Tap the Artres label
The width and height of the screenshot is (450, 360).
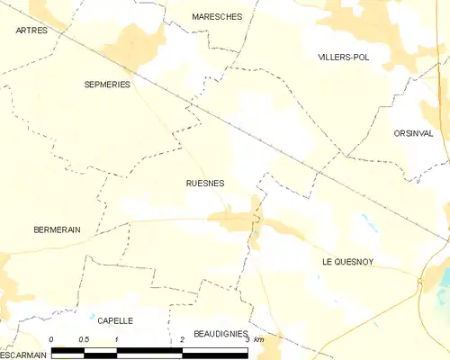31,31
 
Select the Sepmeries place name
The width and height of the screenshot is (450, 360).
107,84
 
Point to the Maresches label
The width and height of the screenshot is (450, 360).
217,16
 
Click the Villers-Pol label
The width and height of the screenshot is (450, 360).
344,57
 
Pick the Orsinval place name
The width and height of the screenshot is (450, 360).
413,133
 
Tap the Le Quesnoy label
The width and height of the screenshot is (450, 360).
347,261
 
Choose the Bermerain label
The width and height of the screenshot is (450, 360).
57,229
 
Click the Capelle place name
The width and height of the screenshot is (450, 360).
115,320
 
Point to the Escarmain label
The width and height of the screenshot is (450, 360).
23,355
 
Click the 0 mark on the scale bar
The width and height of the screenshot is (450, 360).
52,339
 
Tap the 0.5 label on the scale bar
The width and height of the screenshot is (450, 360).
84,339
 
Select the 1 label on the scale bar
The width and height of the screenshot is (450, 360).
117,339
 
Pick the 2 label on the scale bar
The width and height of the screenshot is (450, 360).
182,339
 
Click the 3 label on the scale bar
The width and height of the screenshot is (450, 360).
247,339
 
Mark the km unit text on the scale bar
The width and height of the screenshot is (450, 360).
259,339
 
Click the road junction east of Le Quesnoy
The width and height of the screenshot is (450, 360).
420,284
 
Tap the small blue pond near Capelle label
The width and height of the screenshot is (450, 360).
92,316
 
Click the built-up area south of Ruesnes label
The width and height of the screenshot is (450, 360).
232,219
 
